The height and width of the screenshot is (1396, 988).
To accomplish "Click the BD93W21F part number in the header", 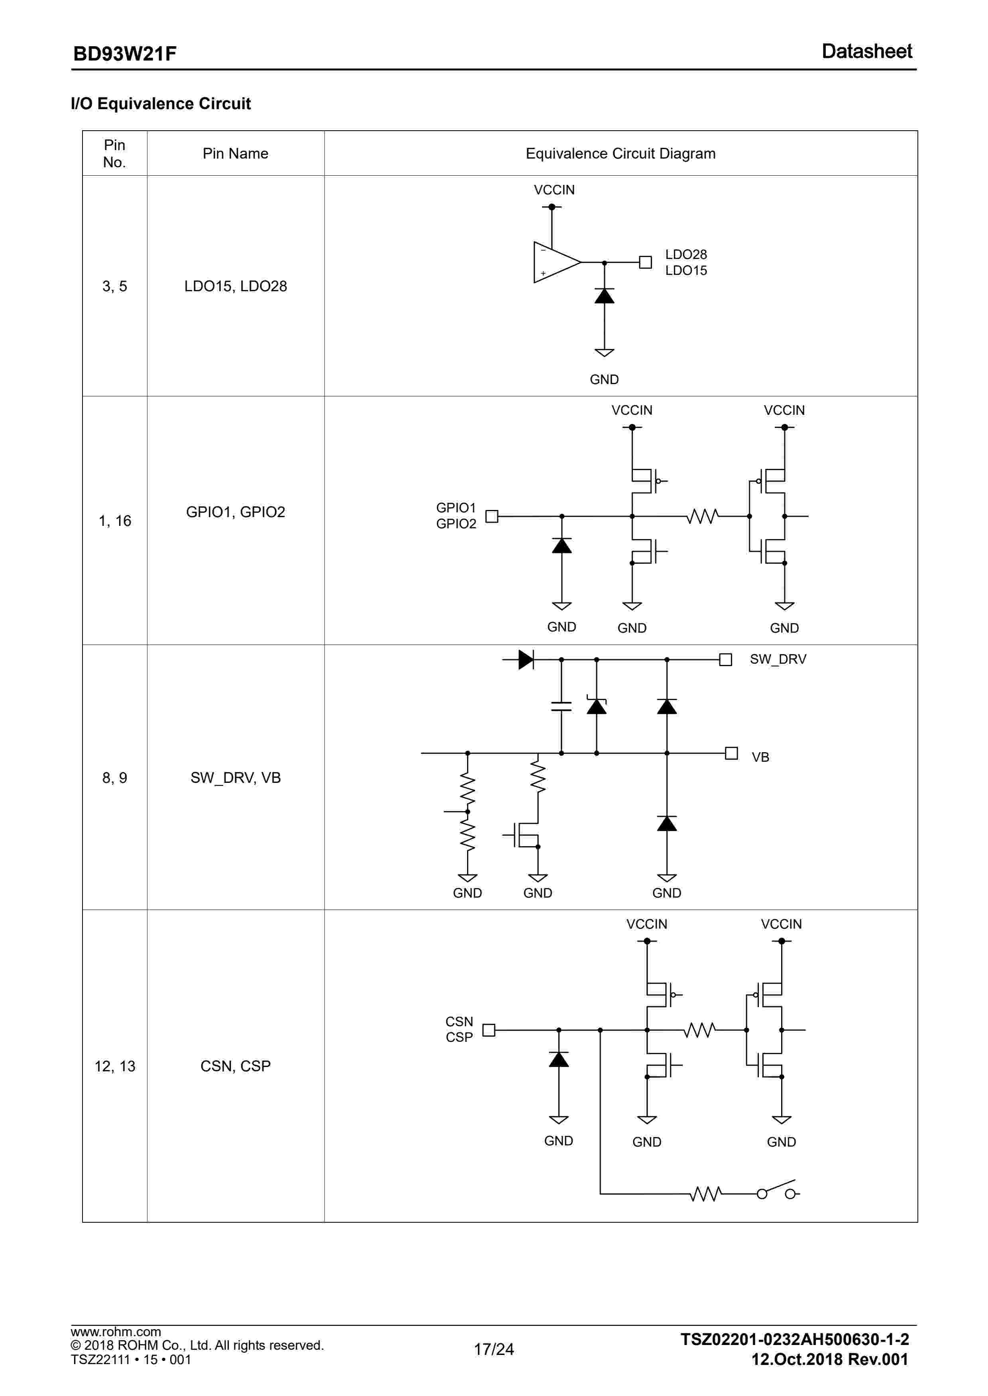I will point(125,54).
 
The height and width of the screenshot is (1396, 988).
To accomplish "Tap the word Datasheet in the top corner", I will point(866,52).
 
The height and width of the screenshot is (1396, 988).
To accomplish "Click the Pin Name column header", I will point(236,153).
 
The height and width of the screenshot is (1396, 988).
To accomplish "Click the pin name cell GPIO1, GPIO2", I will point(236,512).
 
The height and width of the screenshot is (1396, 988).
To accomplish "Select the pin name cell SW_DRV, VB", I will point(236,778).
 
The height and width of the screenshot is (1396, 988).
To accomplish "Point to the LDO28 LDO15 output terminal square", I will point(646,262).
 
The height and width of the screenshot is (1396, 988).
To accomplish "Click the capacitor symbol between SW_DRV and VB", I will point(561,706).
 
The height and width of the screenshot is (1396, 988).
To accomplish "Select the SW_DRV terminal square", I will point(725,660).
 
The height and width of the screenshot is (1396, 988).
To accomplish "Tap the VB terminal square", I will point(731,753).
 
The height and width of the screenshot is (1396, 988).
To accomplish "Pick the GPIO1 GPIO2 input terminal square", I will point(491,516).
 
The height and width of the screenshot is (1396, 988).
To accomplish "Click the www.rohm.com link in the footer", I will point(116,1331).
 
